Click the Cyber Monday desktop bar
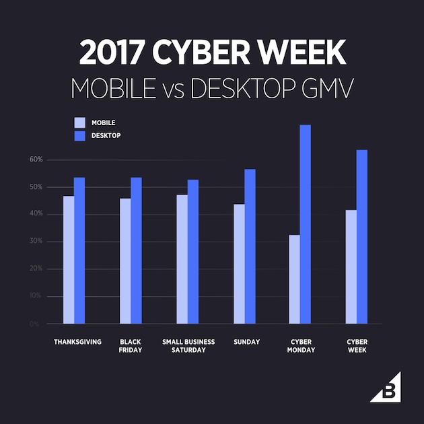tap(306, 224)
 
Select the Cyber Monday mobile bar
tap(294, 279)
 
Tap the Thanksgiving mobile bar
tap(69, 259)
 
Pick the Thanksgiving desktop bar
tap(79, 250)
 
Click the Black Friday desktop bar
tap(136, 250)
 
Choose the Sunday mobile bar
tap(239, 263)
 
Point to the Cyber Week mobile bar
tap(351, 267)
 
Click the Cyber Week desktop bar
tap(362, 236)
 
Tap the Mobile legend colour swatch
tap(79, 122)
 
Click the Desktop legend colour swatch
tap(79, 135)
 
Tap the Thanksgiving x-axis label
tap(77, 342)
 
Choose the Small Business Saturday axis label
tap(188, 346)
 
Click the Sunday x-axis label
tap(247, 342)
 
